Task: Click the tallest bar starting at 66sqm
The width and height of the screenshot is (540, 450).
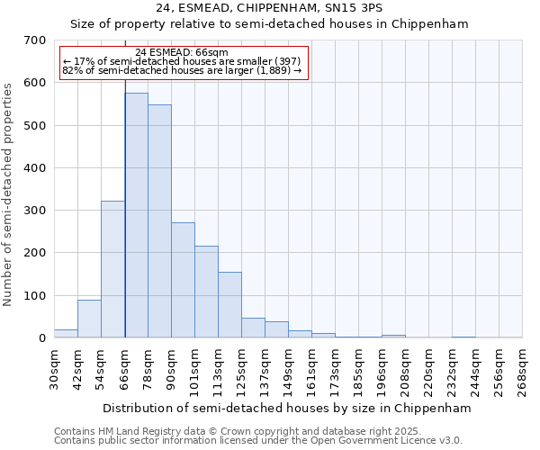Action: click(x=136, y=216)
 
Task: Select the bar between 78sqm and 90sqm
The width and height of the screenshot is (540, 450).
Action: click(x=159, y=221)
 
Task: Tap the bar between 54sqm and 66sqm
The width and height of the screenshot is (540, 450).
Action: click(x=112, y=269)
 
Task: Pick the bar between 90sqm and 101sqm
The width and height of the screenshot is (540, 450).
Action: click(x=183, y=280)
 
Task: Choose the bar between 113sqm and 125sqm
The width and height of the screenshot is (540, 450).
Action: click(x=229, y=305)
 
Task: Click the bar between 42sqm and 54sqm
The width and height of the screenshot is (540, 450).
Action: click(x=89, y=319)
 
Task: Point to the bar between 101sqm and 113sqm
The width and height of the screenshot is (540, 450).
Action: click(x=206, y=292)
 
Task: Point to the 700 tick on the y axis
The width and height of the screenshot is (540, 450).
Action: click(x=35, y=40)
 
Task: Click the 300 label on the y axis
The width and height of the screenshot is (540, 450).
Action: click(x=35, y=211)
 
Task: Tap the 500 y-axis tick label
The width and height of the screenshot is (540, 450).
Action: click(x=35, y=125)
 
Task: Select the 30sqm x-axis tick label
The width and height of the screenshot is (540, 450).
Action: click(x=54, y=368)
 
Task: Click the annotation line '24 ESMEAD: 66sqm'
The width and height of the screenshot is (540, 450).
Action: click(x=182, y=53)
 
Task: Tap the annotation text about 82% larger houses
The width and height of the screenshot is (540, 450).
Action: click(x=182, y=70)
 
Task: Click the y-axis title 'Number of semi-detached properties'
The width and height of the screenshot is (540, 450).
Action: click(x=9, y=194)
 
